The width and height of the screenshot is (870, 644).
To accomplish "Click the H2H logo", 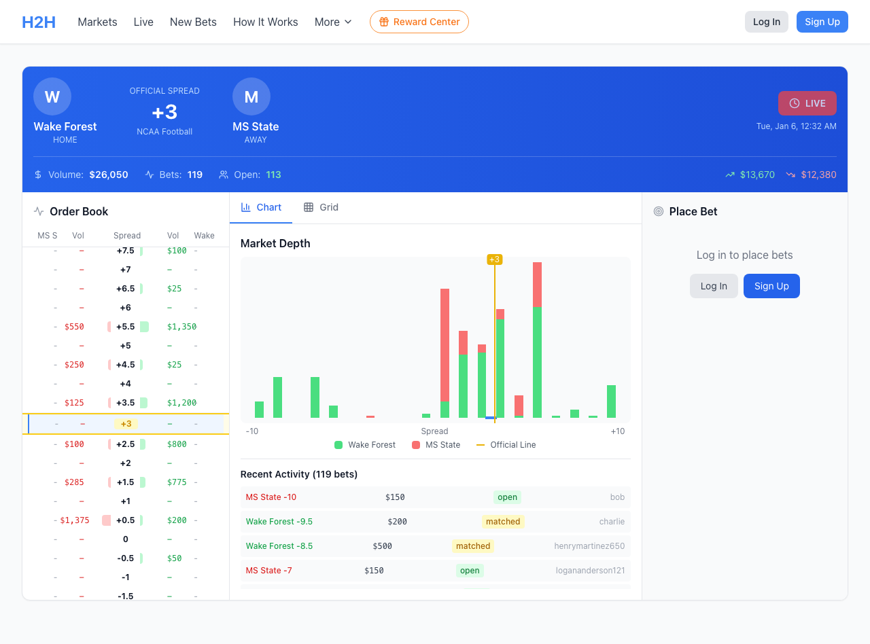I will coord(39,22).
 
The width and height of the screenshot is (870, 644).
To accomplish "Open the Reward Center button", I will coord(419,22).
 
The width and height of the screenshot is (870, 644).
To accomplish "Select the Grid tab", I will coord(321,207).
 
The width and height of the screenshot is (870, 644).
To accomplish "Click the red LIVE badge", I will coord(807,103).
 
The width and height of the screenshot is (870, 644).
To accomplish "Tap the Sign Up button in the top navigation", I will coord(822,22).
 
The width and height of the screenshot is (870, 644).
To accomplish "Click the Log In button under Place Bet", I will coord(714,286).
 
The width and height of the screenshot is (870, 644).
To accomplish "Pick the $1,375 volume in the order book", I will coord(75,520).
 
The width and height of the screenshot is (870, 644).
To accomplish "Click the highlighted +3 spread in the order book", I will coord(126,424).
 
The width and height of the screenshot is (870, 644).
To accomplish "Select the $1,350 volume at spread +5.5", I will coord(181,327).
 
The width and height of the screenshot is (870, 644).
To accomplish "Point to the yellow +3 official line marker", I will coord(494,260).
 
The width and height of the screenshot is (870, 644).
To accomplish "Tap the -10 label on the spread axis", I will coord(252,431).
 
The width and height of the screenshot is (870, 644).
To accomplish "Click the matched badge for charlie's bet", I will coord(503,522).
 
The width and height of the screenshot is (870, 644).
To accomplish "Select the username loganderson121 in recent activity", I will coord(590,571).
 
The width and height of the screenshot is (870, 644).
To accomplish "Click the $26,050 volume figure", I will coord(109,175).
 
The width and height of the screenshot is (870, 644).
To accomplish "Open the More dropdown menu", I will coord(333,22).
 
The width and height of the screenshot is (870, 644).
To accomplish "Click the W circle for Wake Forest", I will coord(52,96).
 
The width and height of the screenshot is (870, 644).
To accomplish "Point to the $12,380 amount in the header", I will coord(818,175).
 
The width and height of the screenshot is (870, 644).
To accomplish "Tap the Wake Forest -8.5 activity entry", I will coord(279,546).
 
